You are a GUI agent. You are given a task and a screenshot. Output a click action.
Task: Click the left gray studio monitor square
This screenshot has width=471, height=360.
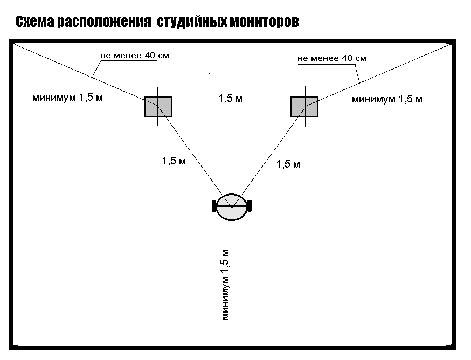tap(158, 107)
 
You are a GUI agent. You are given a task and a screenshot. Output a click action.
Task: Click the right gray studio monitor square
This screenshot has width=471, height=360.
tap(304, 107)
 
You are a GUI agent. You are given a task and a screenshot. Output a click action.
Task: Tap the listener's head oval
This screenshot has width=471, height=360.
tap(232, 207)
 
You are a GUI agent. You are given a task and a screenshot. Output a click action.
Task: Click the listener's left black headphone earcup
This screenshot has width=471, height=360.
tap(214, 206)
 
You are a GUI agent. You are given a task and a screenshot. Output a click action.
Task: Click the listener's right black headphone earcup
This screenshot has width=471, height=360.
tap(250, 206)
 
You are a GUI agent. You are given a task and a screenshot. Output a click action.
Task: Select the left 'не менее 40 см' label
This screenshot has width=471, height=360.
tap(135, 56)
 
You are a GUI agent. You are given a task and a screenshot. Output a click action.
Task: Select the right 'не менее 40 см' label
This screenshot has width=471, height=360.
tap(332, 58)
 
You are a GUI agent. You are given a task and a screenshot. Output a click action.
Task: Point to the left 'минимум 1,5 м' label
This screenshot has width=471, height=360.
tap(67, 98)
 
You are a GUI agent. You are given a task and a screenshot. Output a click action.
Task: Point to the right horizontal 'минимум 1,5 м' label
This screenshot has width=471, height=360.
tap(387, 99)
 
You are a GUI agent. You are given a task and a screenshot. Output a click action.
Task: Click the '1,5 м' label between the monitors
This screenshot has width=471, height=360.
tap(231, 98)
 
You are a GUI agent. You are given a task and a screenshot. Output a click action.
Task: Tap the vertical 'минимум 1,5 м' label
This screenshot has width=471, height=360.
tap(225, 285)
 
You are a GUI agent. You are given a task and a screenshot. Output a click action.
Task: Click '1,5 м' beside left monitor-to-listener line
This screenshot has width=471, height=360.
tap(174, 161)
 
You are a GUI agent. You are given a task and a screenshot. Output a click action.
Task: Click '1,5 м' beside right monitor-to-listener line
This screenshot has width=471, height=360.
tap(288, 164)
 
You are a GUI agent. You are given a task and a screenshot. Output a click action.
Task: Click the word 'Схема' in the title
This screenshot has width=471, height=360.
tap(35, 22)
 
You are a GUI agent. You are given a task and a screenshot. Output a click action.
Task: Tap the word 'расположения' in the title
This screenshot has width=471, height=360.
tap(104, 22)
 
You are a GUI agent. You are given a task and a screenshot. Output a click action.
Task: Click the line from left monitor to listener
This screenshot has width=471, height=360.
tap(195, 156)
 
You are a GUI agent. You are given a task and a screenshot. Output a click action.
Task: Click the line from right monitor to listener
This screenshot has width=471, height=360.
tap(269, 156)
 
